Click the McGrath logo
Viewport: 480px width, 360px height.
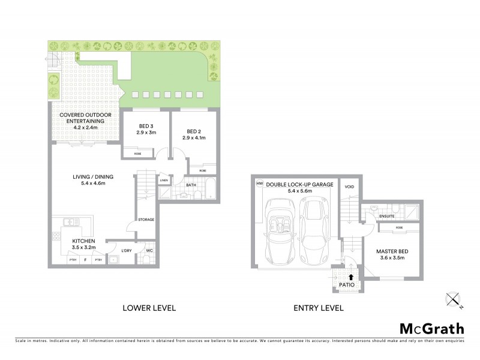click(x=432, y=328)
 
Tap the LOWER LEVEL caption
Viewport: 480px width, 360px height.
click(x=149, y=308)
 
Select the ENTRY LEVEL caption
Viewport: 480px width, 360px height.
click(x=318, y=308)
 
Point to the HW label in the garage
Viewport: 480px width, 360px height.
click(x=260, y=184)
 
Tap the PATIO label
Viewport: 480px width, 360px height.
click(x=347, y=284)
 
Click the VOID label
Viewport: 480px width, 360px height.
click(x=350, y=187)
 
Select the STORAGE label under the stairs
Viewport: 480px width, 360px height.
click(x=146, y=220)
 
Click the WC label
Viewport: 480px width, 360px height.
click(x=149, y=250)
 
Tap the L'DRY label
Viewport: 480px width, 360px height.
click(x=127, y=250)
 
